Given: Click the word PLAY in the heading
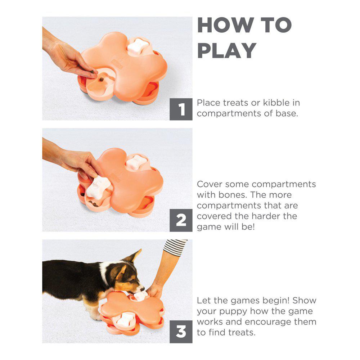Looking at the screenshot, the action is coord(227,50).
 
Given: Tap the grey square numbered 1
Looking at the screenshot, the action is coord(181,109).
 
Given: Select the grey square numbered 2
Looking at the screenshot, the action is coord(181,220).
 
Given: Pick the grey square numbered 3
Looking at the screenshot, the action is coord(181,332).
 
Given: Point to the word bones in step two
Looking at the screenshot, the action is coord(232,195).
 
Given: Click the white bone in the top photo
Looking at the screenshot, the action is coord(138,46).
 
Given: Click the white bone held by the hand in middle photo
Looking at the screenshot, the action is coord(99,187).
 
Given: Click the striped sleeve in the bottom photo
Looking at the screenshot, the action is coord(175,247).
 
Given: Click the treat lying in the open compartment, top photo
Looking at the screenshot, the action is coord(101,80).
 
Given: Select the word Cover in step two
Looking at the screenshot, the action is coord(210,184).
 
